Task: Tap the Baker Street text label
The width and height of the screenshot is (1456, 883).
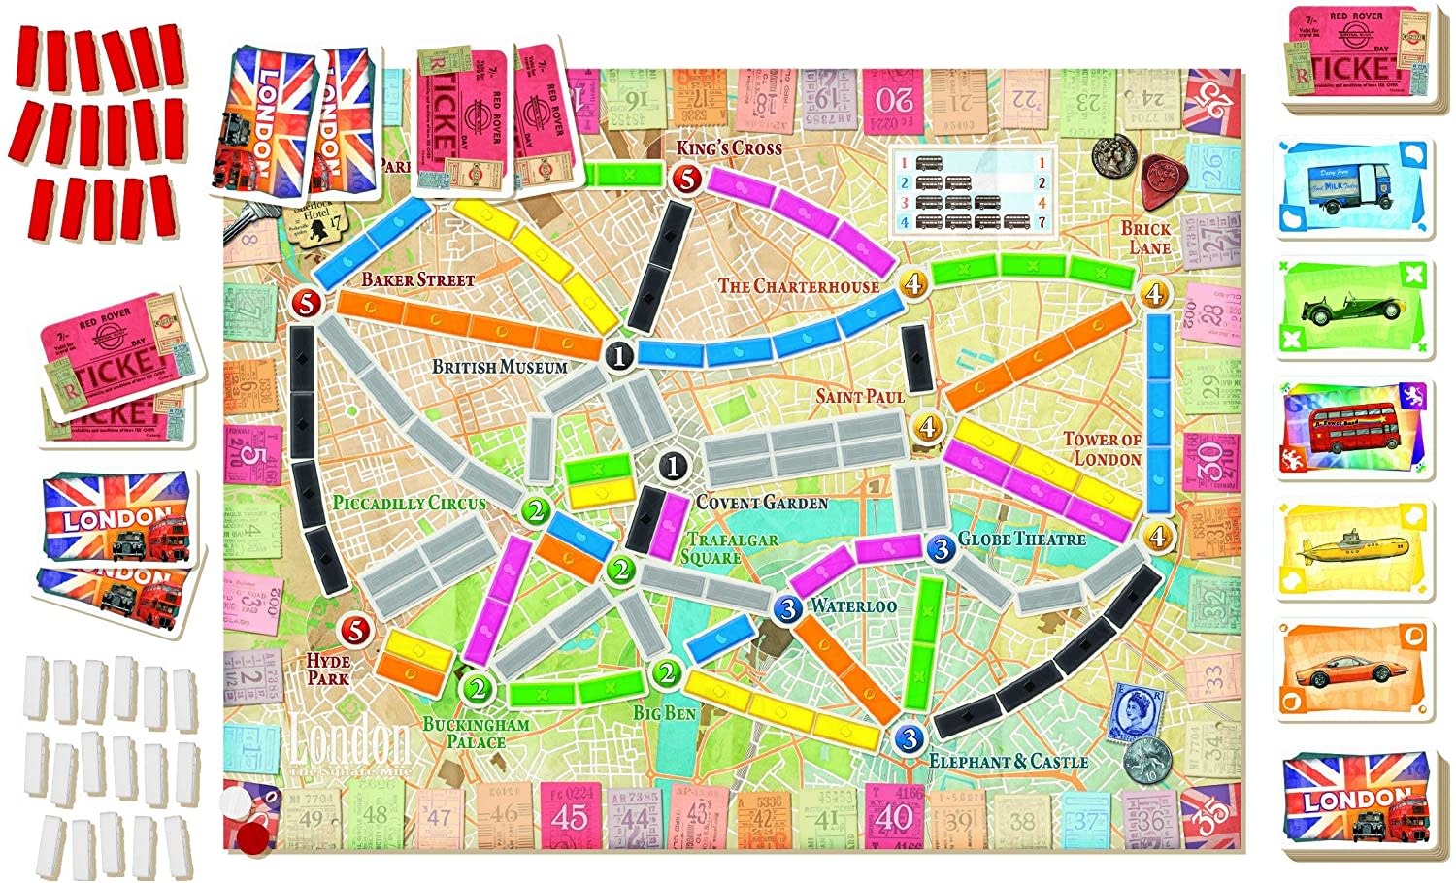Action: click(418, 280)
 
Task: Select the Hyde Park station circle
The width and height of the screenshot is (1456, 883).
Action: click(357, 630)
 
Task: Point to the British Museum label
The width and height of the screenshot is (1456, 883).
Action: click(499, 367)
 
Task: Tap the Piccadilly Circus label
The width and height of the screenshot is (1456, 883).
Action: click(409, 504)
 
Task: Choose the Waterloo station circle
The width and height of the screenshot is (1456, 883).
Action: click(788, 608)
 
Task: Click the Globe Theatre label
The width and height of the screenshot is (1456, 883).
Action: click(1022, 539)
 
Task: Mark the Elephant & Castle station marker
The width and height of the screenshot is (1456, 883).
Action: click(909, 739)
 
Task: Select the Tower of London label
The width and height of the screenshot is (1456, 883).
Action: click(1102, 448)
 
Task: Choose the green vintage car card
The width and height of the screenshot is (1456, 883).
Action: click(1355, 309)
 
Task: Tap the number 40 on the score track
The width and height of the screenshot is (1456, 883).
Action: click(893, 816)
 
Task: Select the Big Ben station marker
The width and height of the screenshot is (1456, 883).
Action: click(666, 672)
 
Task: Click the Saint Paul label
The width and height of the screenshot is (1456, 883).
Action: click(860, 396)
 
